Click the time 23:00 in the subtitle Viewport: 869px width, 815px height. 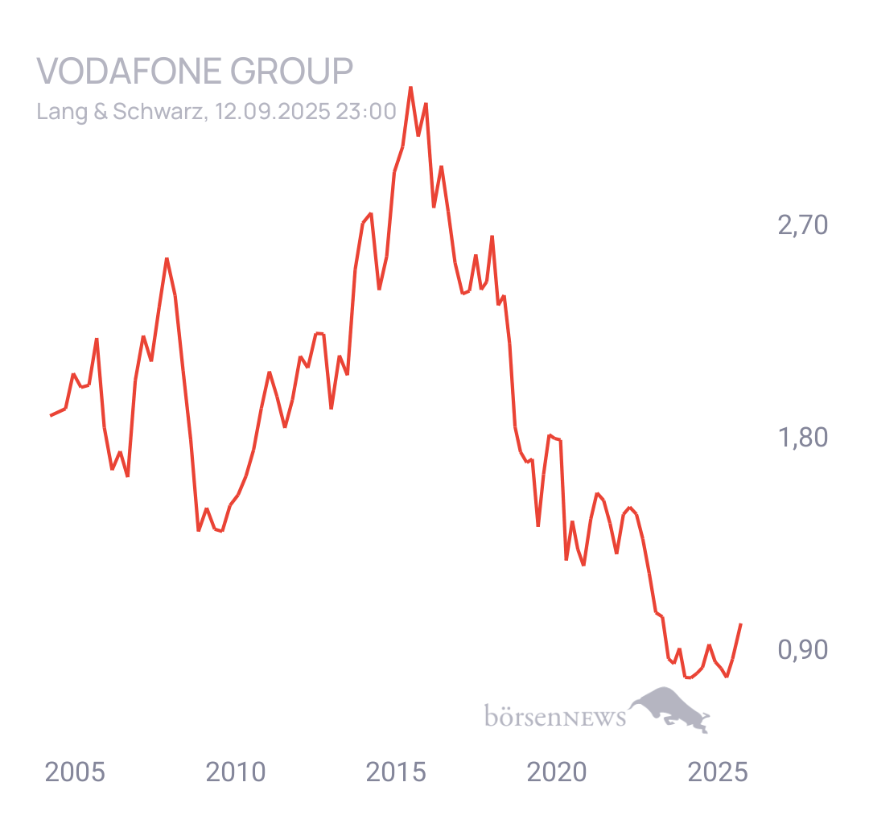tap(366, 111)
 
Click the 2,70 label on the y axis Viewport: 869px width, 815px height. tap(802, 225)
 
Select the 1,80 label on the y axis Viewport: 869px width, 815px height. tap(802, 438)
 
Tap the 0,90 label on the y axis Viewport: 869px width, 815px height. tap(802, 650)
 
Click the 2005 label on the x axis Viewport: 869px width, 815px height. tap(75, 772)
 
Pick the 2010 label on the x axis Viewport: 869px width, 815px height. tap(236, 772)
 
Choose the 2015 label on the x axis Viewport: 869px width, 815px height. tap(397, 772)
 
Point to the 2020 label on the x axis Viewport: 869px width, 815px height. tap(557, 772)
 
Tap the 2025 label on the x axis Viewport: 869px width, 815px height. tap(718, 772)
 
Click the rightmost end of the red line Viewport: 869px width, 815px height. tap(741, 624)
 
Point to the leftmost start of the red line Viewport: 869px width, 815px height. tap(51, 415)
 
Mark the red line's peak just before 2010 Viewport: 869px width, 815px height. tap(167, 259)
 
